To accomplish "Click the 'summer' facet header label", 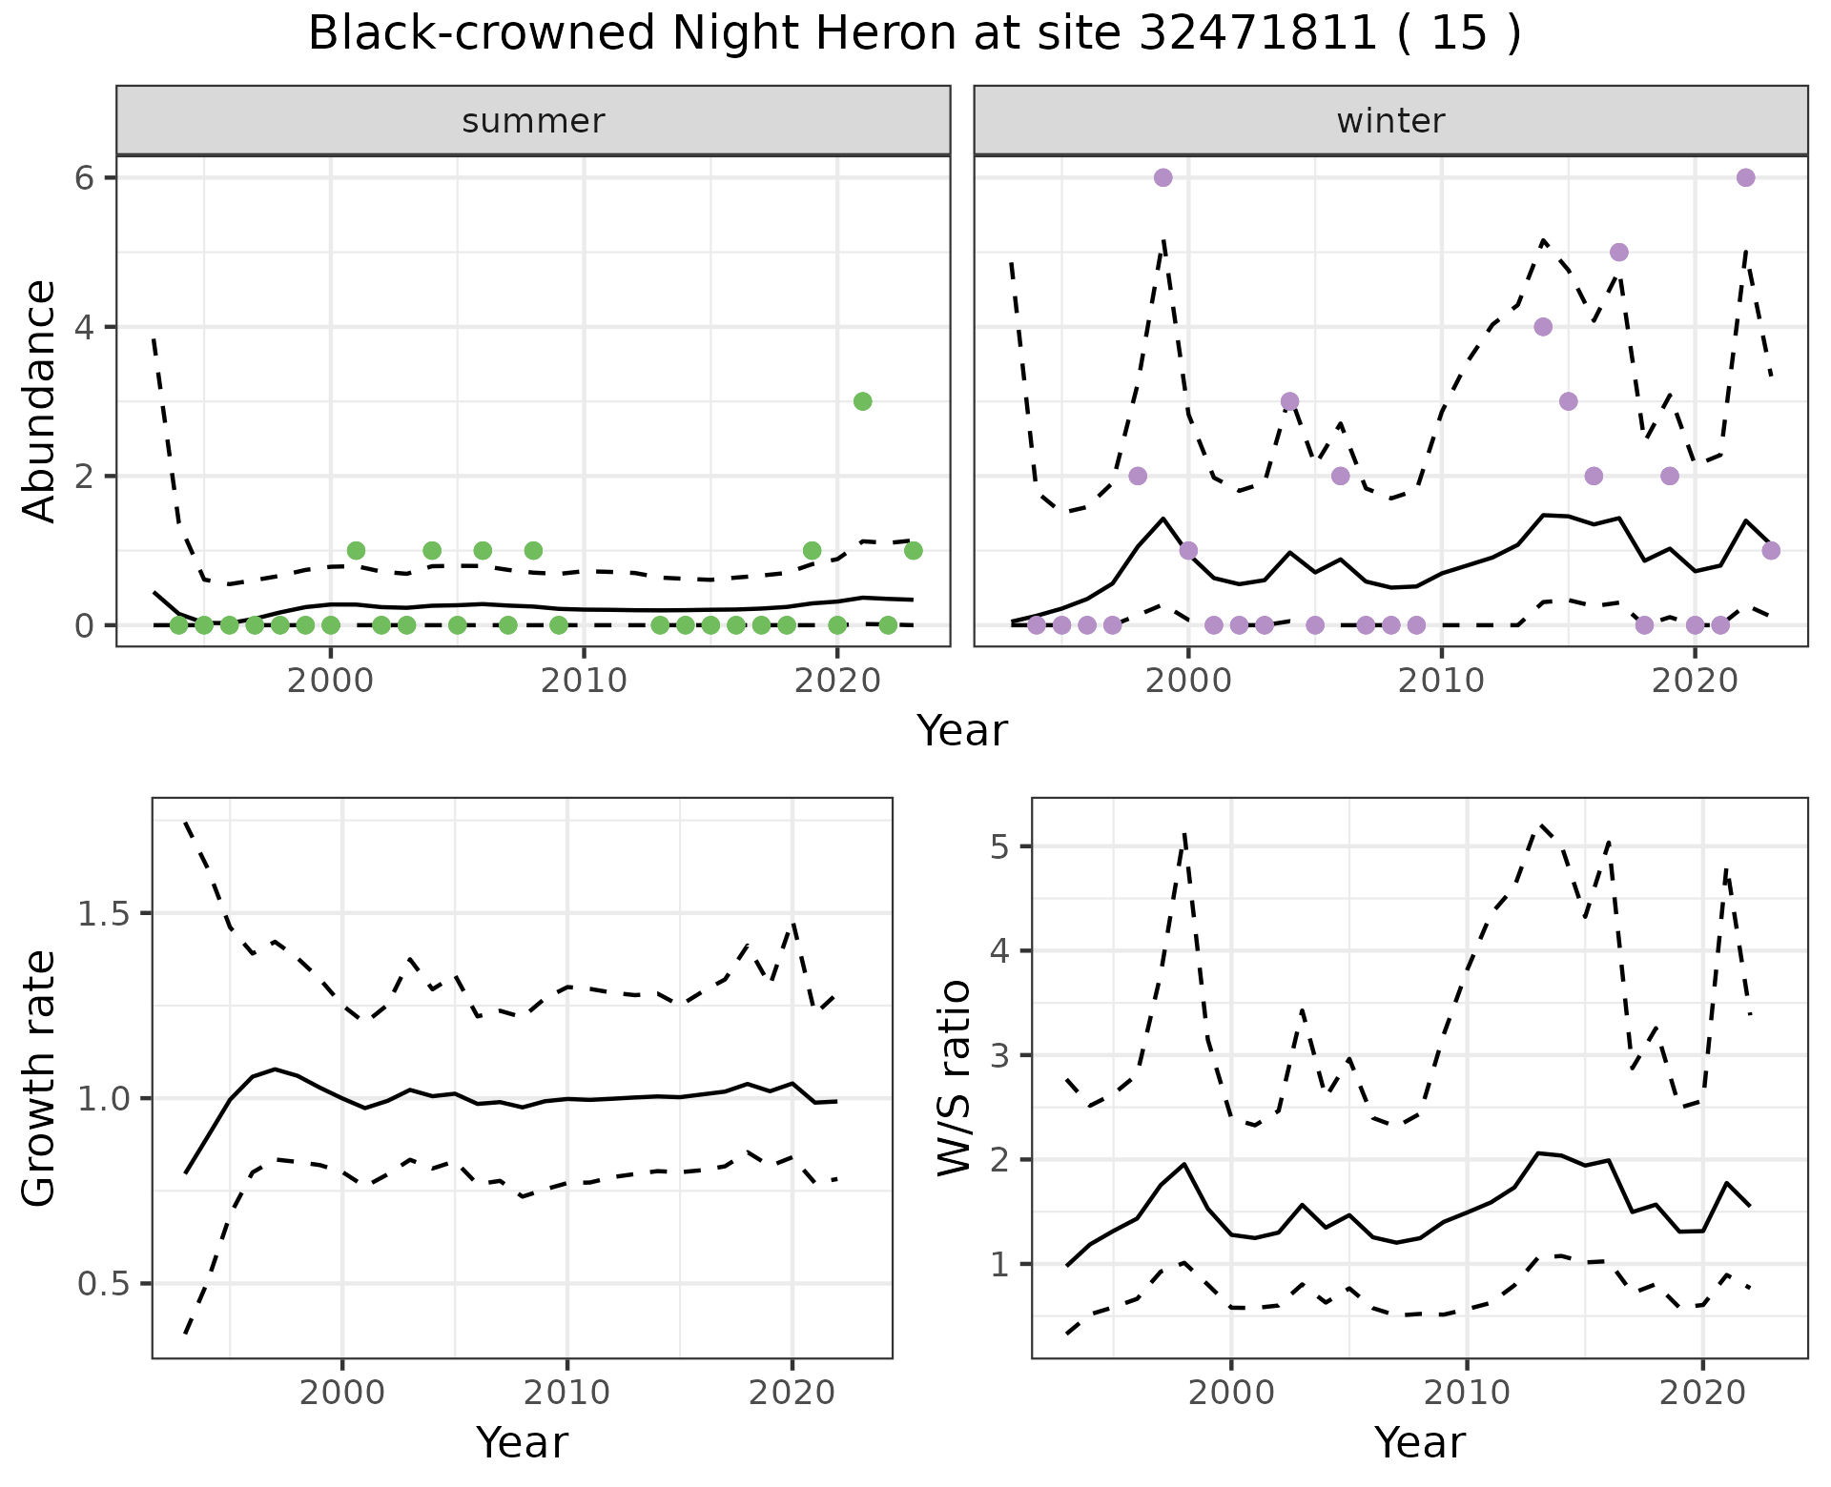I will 533,121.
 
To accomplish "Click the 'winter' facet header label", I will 1390,121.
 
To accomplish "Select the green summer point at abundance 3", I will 862,401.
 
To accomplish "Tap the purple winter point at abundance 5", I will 1618,253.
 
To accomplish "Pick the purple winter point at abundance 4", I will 1543,327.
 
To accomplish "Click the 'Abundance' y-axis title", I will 40,400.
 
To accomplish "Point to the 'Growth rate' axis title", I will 40,1078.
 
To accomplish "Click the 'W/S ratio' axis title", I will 954,1078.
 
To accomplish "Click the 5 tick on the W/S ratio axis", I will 998,846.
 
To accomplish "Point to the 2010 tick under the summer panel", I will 584,681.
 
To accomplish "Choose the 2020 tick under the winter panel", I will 1695,681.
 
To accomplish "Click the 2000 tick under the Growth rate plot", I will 342,1393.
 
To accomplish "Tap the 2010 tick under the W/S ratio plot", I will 1467,1393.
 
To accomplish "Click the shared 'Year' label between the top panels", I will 961,731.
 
